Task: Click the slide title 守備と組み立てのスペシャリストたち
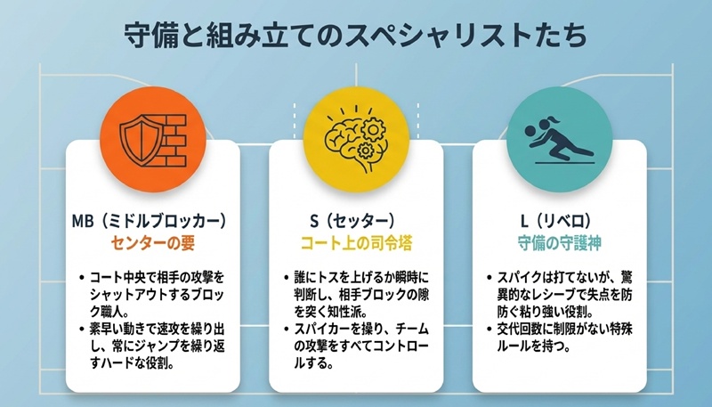(355, 37)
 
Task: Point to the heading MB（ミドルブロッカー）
(152, 218)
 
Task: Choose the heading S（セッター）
(355, 218)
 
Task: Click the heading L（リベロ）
(558, 218)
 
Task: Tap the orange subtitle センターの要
(152, 240)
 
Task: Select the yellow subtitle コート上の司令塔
(355, 240)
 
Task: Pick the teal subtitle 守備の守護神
(558, 240)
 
